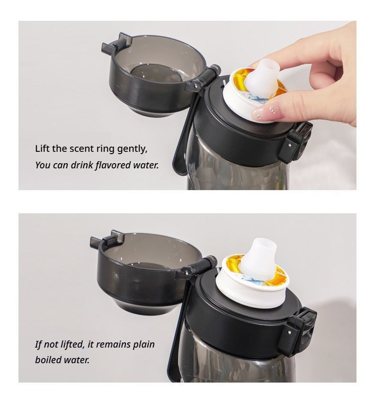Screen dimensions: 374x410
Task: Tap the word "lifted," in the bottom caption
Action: click(x=72, y=344)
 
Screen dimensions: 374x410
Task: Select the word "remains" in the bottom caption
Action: click(x=114, y=344)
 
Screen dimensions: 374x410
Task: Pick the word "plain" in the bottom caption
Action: click(x=144, y=345)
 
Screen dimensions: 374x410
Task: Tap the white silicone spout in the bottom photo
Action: click(x=258, y=258)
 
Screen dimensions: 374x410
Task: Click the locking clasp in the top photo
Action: click(x=296, y=142)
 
